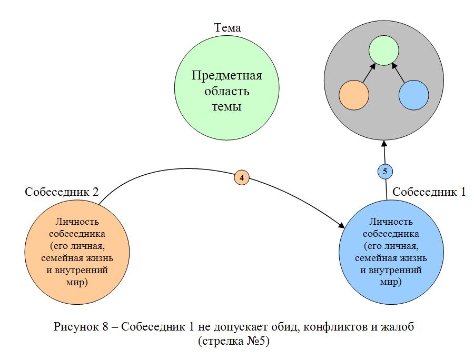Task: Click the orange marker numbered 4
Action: (241, 178)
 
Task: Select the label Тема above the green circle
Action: (228, 28)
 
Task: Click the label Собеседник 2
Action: (62, 192)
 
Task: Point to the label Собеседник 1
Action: (429, 192)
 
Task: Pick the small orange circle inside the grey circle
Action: (353, 95)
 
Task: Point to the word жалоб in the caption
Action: (398, 326)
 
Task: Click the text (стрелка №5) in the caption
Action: (234, 341)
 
